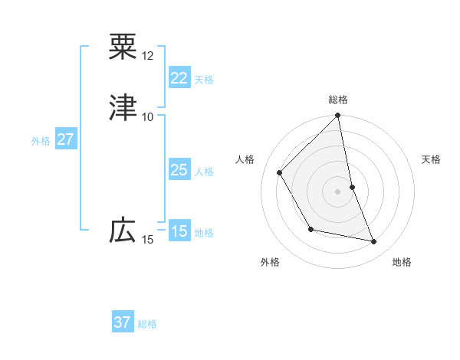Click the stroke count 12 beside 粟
[x=148, y=56]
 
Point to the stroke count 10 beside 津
[x=148, y=116]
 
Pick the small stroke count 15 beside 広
[x=148, y=240]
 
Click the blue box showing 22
[x=179, y=78]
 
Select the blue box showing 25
[x=179, y=170]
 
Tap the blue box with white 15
[x=179, y=231]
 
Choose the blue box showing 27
[x=65, y=139]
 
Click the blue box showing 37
[x=123, y=322]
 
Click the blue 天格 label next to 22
[x=204, y=80]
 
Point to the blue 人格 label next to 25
[x=204, y=172]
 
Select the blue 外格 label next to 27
[x=41, y=141]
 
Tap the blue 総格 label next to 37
[x=148, y=324]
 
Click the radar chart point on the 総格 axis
[x=338, y=116]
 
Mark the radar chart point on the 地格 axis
[x=374, y=242]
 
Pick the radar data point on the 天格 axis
[x=353, y=186]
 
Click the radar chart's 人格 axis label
[x=246, y=159]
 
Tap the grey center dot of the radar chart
[x=338, y=191]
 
